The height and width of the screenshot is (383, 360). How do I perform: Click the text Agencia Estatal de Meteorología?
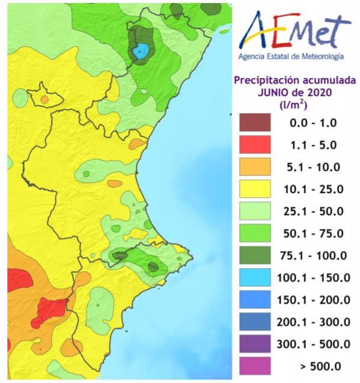click(291, 57)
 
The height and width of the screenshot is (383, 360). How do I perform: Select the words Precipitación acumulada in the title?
click(294, 80)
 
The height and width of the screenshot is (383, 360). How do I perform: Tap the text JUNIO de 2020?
click(294, 92)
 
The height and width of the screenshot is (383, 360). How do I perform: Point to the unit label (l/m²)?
click(294, 104)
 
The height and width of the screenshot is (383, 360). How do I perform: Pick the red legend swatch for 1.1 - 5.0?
click(257, 145)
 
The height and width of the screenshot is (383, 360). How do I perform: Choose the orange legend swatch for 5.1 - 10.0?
click(257, 167)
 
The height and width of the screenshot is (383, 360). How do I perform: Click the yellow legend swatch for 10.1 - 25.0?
click(257, 189)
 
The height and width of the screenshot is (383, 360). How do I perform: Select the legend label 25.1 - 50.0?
click(313, 211)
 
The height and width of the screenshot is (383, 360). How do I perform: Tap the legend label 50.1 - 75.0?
click(313, 233)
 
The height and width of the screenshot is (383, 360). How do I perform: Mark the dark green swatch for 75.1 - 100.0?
click(257, 256)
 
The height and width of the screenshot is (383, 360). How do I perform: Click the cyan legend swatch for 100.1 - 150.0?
click(257, 278)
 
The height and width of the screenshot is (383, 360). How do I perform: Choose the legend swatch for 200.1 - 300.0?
click(257, 322)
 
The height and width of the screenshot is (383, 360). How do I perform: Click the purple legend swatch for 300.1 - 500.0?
click(257, 344)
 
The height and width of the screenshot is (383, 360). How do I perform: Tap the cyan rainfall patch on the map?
click(140, 52)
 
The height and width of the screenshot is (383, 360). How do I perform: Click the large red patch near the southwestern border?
click(50, 310)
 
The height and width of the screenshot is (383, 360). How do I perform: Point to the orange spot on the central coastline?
click(136, 144)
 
